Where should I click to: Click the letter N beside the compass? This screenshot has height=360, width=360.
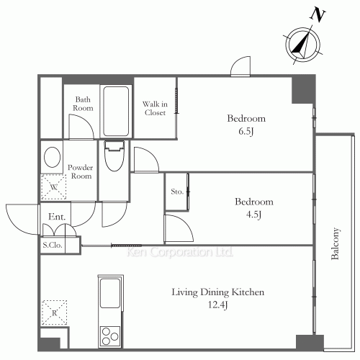tap(318, 16)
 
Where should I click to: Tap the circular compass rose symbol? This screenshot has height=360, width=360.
tap(303, 45)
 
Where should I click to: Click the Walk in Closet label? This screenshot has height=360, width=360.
tap(155, 108)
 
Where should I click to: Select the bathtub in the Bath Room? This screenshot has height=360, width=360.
tap(116, 111)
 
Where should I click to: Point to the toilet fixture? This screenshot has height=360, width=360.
tap(114, 156)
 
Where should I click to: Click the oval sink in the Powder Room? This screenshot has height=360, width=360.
tap(53, 157)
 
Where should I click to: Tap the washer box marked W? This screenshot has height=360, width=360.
tap(54, 187)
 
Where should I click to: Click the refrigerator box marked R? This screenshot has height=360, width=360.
tap(54, 312)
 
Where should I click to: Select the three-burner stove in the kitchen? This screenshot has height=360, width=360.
tap(110, 336)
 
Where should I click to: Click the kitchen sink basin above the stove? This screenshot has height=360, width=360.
tap(110, 293)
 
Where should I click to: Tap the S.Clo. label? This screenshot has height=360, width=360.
tap(53, 245)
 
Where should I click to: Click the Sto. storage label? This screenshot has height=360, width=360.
tap(177, 192)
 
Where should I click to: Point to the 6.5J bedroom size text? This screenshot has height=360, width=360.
tap(246, 131)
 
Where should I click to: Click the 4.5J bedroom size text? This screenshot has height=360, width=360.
tap(253, 215)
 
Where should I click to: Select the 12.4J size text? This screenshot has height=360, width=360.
tap(217, 305)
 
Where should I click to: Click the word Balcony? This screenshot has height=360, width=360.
tap(336, 243)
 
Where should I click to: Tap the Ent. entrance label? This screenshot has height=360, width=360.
tap(57, 217)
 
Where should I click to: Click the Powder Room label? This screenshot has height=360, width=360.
tap(81, 171)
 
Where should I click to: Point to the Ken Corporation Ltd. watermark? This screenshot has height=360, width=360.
tap(180, 252)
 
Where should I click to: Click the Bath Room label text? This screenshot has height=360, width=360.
tap(83, 104)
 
